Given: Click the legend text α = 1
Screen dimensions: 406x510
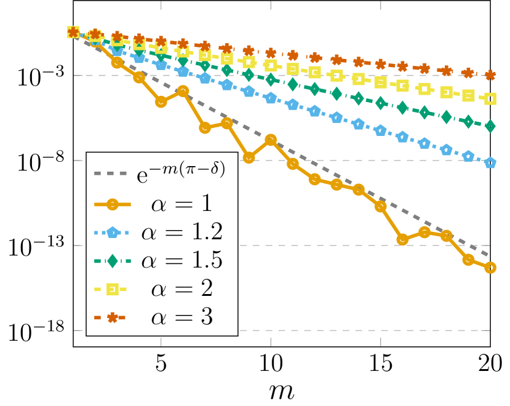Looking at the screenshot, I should coord(181,202).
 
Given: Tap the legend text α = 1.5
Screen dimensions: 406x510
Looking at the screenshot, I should coord(181,260).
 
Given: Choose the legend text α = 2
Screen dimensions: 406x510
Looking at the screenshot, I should coord(181,289).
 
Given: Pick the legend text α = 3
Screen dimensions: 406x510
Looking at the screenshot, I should coord(181,317).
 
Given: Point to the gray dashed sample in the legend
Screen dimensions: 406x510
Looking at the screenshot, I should coord(112,173).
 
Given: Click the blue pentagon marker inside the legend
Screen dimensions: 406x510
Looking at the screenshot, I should coord(112,232).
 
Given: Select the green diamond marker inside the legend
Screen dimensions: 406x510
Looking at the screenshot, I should coord(112,261).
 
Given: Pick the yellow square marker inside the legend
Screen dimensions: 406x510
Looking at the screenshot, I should coord(112,289).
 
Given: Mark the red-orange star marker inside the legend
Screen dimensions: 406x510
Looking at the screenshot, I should coord(112,317).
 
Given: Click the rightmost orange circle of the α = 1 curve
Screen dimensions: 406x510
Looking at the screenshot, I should coord(490,268).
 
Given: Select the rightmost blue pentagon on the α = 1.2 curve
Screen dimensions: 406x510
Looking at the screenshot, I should coord(490,162).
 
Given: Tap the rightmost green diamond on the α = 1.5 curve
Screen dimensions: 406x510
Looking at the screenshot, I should coord(490,126).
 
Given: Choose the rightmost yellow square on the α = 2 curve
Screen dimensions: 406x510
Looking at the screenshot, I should coord(490,98).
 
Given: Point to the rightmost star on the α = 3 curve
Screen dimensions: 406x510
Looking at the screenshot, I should coord(490,75).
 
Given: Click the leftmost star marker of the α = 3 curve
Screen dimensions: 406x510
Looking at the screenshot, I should coord(73,32).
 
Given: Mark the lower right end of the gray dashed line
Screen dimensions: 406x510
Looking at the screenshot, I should coord(488,255).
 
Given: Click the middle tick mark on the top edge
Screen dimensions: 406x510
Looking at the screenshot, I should coord(271,4).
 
